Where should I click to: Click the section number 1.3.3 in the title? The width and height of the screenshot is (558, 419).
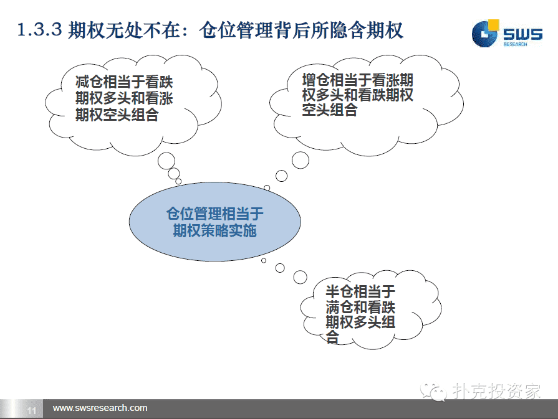[x=39, y=29]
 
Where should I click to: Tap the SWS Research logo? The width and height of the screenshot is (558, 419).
[x=507, y=34]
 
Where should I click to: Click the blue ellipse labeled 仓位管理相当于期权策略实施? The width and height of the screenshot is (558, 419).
[x=215, y=222]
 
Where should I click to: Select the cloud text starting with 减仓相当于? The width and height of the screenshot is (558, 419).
[x=124, y=98]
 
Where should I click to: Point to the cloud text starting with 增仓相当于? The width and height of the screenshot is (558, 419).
[x=358, y=95]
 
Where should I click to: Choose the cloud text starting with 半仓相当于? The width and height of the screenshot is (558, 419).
[x=360, y=314]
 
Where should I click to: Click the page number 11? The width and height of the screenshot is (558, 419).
[x=32, y=411]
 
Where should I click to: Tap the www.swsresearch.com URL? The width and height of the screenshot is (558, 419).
[x=100, y=408]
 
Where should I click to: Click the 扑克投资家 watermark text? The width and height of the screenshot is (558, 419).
[x=496, y=391]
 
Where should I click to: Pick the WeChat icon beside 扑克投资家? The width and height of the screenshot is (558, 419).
[x=433, y=392]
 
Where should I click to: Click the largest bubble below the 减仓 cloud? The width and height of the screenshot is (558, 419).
[x=166, y=161]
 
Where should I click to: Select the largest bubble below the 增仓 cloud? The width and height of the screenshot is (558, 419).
[x=301, y=160]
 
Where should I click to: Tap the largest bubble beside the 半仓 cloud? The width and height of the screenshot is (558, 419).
[x=300, y=277]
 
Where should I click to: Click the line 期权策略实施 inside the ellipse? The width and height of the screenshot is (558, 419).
[x=214, y=230]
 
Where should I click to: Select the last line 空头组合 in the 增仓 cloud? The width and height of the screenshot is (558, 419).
[x=330, y=110]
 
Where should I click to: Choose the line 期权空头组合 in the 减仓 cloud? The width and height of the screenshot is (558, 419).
[x=117, y=115]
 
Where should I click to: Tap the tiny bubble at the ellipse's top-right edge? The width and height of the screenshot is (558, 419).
[x=267, y=187]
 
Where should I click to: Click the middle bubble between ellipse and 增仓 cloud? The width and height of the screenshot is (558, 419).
[x=281, y=176]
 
